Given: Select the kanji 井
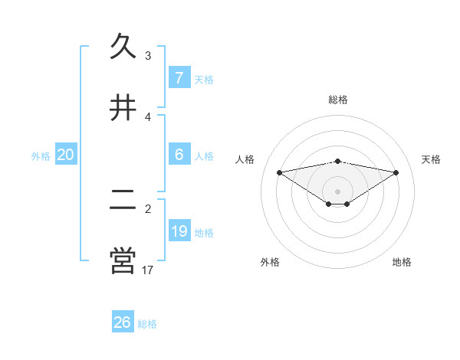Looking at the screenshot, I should tap(123, 107).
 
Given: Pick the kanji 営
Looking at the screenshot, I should tap(123, 260).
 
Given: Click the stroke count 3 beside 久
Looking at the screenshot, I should tap(148, 56).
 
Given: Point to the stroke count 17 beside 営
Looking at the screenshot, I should tap(148, 270).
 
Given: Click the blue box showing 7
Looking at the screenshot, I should tap(179, 77).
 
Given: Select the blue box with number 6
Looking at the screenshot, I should tap(179, 155).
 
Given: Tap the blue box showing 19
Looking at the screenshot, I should tap(179, 231).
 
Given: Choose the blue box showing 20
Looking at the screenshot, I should tap(66, 155).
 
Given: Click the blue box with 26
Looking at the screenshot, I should tap(122, 322).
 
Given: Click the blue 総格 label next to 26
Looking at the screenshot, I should tap(147, 324).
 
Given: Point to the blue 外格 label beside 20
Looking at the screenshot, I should tap(41, 155).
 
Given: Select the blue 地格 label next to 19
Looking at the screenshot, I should tap(204, 233).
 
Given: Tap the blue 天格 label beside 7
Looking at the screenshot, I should tap(204, 79).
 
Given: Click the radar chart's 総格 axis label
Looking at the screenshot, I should tap(337, 100).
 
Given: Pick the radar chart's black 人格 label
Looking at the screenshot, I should tap(246, 159).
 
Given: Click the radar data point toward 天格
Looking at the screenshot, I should tap(396, 172).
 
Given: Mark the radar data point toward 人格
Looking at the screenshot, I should tap(279, 172).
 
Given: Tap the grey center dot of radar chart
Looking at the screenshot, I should tap(337, 191).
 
